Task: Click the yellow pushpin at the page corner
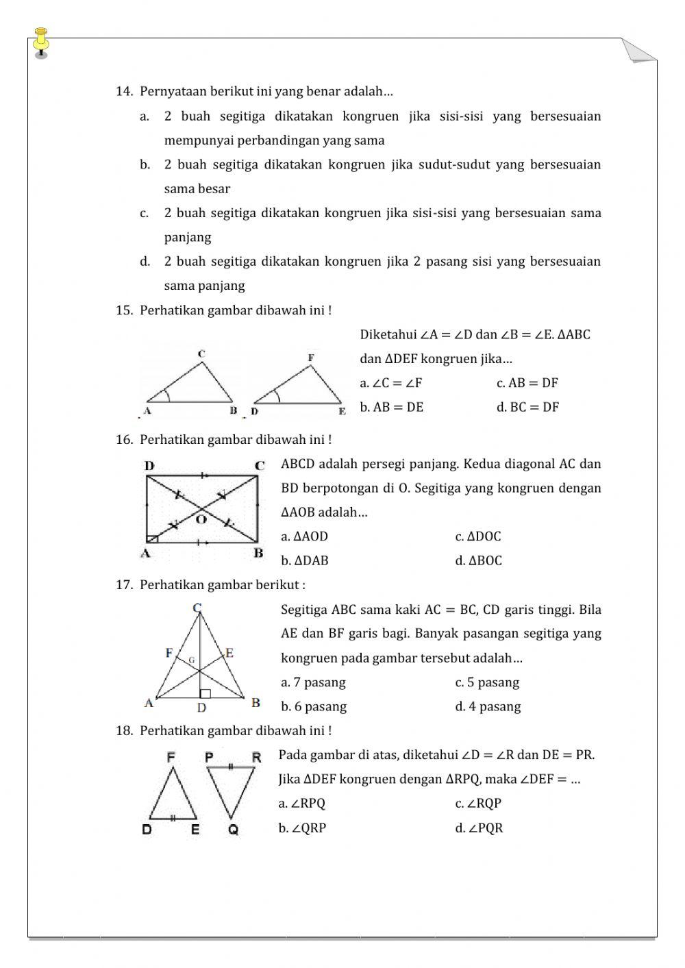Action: point(41,42)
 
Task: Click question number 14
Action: point(124,91)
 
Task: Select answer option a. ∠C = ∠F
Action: point(391,383)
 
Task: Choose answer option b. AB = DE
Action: point(392,407)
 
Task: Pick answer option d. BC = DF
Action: point(527,407)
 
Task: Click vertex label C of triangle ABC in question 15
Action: point(201,354)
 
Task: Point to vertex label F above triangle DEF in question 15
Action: point(311,358)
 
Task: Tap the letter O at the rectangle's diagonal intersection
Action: point(201,520)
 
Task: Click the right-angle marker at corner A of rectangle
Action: point(153,538)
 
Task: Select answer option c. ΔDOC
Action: point(478,536)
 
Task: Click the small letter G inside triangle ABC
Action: point(191,660)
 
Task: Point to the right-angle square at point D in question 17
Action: point(205,693)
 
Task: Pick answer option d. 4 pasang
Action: point(488,706)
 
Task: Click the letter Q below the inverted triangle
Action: point(234,830)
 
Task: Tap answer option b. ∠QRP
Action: point(302,828)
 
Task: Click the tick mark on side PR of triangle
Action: point(232,767)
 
